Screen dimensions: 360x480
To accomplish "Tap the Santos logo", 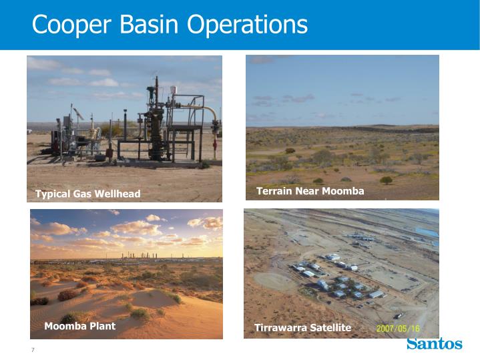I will tap(434, 344).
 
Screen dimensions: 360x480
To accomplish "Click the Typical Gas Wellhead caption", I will tap(87, 194).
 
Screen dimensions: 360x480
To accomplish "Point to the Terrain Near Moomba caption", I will tap(310, 191).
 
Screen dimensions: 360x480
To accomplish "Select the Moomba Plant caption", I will tap(79, 326).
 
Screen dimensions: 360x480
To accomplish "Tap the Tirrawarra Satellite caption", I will tap(302, 327).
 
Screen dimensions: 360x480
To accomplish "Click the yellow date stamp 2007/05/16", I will tap(398, 328).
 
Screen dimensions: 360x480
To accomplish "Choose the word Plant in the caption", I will tap(101, 326).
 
